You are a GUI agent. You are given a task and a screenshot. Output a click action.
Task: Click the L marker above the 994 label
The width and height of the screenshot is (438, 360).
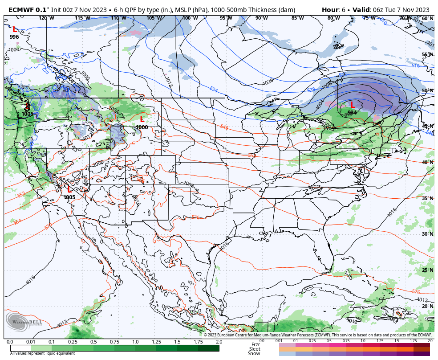click(x=352, y=105)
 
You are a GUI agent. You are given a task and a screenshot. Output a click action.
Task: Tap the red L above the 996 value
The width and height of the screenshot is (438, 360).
click(x=14, y=29)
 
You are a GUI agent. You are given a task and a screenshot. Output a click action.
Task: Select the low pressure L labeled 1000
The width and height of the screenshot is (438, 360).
click(x=142, y=119)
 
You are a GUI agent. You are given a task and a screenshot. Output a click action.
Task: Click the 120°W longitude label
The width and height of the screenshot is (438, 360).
click(x=43, y=18)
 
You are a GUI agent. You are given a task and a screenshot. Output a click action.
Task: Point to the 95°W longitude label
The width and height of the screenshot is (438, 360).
click(x=226, y=18)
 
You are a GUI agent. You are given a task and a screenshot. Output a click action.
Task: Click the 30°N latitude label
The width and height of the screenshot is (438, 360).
click(x=427, y=234)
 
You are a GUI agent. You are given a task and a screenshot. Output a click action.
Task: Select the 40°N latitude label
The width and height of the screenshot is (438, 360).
click(x=427, y=162)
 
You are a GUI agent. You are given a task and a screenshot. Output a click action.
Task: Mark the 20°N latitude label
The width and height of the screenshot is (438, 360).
click(x=427, y=306)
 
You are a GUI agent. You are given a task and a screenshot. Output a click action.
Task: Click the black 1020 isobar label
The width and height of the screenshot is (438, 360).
click(x=268, y=82)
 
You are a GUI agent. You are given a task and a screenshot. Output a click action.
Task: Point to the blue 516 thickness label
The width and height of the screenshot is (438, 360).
click(x=415, y=66)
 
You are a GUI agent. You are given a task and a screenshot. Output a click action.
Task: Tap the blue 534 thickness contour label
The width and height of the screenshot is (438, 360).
click(x=214, y=90)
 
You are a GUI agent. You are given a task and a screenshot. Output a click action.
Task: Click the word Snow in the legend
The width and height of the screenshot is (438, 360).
click(x=254, y=353)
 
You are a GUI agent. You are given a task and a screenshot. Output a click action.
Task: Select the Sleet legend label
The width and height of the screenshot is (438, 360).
click(x=254, y=349)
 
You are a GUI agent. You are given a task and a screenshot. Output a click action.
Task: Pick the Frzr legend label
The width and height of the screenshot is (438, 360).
click(x=255, y=344)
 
